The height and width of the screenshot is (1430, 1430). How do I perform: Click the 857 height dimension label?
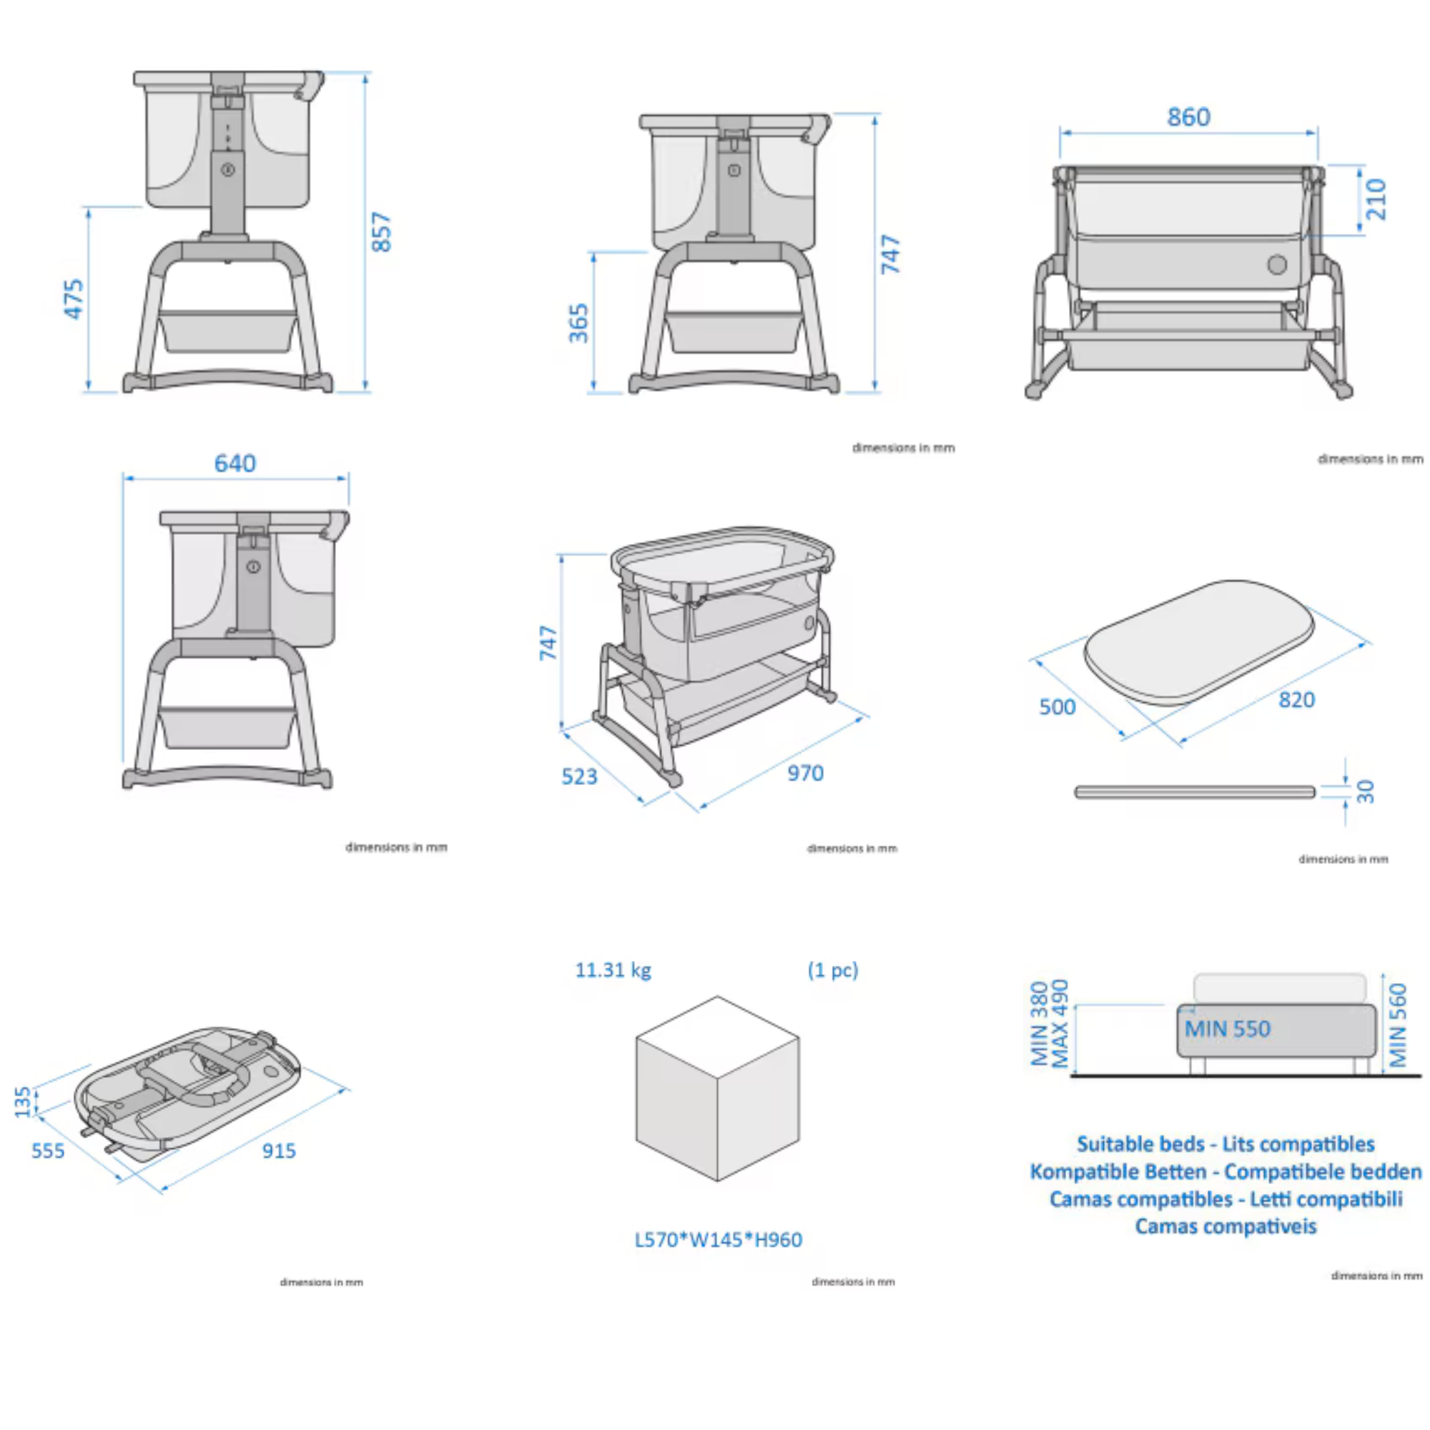[381, 232]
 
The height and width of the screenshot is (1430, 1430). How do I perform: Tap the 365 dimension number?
[579, 323]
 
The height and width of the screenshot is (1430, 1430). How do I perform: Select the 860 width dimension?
[1188, 117]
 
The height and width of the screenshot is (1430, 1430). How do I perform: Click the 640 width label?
[235, 463]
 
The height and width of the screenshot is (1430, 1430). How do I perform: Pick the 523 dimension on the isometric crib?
[579, 776]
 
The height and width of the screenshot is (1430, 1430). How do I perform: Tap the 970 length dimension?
[804, 774]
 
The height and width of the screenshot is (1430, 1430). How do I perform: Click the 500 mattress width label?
[1057, 707]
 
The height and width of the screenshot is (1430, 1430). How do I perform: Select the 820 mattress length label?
[1296, 699]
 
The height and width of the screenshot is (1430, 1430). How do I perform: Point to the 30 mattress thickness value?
[1366, 792]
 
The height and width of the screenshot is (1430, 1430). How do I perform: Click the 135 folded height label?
[23, 1101]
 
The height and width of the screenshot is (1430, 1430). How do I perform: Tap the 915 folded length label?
[278, 1151]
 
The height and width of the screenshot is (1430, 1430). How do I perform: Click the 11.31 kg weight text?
[613, 970]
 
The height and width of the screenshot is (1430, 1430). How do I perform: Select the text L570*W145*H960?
[718, 1240]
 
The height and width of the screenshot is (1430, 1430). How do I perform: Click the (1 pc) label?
[833, 970]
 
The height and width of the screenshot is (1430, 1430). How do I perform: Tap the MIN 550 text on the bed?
[1227, 1029]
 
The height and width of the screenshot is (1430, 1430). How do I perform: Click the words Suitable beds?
[1140, 1144]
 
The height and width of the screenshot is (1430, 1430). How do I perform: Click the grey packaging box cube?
[717, 1088]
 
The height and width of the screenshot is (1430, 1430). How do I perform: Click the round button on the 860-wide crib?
[1277, 265]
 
